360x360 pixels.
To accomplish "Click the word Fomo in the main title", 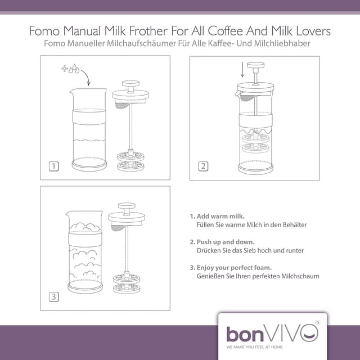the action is tap(44, 31).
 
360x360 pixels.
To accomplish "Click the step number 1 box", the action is tap(54, 166).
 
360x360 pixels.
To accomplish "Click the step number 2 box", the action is tap(203, 166).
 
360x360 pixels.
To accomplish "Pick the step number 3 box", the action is tap(54, 297).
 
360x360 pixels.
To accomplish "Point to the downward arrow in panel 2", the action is tap(242, 69).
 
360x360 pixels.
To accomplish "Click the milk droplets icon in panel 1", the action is tap(74, 69).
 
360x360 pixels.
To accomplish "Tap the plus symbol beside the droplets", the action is tap(65, 68).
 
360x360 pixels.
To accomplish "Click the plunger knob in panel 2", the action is tap(255, 65).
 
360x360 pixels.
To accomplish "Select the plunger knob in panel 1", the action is tap(130, 83).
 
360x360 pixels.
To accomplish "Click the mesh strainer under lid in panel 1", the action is tap(121, 106).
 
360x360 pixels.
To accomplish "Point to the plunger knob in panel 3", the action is tap(127, 206).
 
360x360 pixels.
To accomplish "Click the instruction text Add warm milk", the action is tap(217, 216).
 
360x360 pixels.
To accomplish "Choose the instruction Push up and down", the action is tap(222, 242).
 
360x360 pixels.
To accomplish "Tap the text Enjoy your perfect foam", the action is tap(231, 268).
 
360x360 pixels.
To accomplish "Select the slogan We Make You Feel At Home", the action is tap(254, 347).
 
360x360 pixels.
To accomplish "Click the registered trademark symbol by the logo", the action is tap(318, 322).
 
